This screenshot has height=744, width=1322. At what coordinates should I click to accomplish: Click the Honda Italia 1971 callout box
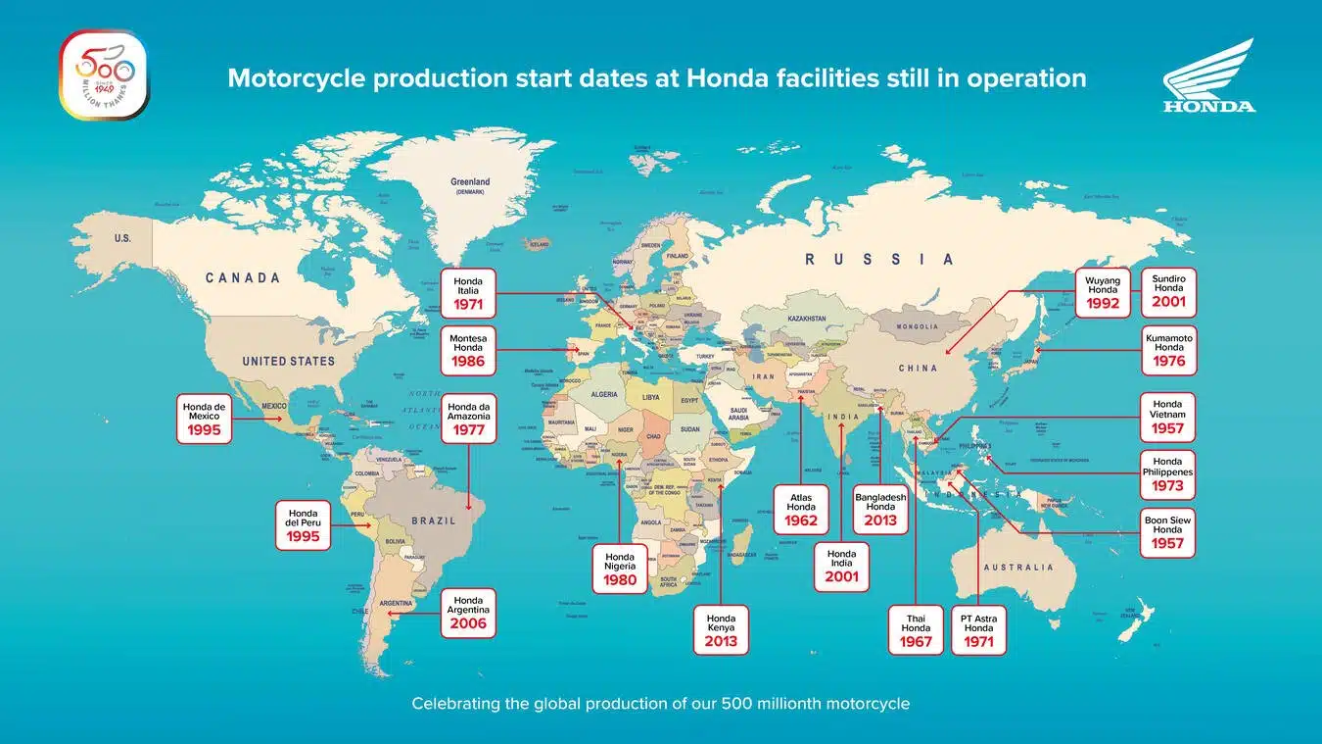(x=468, y=292)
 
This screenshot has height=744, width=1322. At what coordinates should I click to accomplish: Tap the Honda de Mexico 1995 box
(x=204, y=418)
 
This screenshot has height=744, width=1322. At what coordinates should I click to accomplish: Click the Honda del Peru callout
(x=303, y=524)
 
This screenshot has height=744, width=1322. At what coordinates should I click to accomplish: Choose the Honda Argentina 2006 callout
(x=468, y=613)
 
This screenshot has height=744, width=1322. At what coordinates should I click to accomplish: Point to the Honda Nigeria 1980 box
(x=620, y=569)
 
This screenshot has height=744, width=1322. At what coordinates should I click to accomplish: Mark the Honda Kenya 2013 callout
(x=721, y=629)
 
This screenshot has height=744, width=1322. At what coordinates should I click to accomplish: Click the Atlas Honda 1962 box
(x=801, y=510)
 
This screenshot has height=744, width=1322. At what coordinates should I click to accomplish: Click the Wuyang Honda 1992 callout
(x=1103, y=292)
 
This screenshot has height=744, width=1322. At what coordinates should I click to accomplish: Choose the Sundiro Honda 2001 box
(x=1168, y=292)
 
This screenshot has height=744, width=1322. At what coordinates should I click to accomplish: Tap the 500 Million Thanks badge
(x=105, y=74)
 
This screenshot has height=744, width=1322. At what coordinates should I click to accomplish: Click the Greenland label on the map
(x=470, y=183)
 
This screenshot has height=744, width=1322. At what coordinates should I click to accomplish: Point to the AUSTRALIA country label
(x=1018, y=567)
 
